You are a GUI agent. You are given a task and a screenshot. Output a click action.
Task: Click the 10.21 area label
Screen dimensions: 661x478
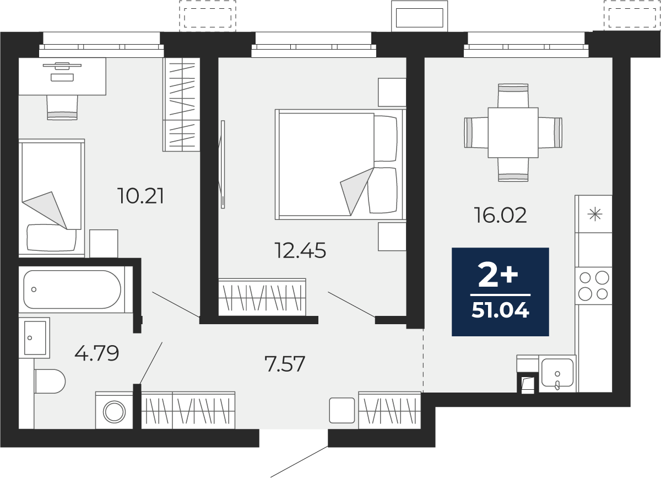coord(140,196)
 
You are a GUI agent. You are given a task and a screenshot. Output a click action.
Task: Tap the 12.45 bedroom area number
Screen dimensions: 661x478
coord(300,250)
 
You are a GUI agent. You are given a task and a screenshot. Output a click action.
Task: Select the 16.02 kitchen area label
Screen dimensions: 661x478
coord(500,215)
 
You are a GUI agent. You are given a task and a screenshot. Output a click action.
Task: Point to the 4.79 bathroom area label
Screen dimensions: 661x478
coord(97,353)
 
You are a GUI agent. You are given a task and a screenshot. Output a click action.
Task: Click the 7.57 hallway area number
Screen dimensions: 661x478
coord(285,364)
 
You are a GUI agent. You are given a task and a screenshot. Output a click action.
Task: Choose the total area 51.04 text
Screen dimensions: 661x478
coord(501,310)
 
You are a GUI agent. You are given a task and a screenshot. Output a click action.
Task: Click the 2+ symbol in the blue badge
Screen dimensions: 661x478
coord(498,275)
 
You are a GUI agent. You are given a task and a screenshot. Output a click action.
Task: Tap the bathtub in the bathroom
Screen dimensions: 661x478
coord(72,289)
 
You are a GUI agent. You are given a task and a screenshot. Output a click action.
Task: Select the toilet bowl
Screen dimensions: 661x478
coord(50,381)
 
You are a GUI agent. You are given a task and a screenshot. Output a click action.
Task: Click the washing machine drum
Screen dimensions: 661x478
coord(114,411)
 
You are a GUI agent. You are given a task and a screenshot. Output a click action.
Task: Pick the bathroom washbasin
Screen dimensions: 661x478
coord(35,337)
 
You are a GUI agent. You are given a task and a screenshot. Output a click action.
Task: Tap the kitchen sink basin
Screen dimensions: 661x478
coord(557,373)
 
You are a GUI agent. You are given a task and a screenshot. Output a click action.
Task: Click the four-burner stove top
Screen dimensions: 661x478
coord(593,286)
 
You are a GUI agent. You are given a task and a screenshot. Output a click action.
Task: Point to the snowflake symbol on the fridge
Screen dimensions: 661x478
coord(595,214)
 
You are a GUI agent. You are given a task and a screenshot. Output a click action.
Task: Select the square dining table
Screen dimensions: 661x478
coord(513,132)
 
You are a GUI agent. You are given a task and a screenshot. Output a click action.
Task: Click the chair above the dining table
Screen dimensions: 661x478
coord(513,95)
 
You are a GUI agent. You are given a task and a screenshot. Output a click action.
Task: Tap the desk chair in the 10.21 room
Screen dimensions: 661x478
coord(62,108)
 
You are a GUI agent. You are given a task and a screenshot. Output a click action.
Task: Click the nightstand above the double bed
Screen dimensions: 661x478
coord(392,92)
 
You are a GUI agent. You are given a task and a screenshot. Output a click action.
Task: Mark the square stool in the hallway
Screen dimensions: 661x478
coord(342,410)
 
